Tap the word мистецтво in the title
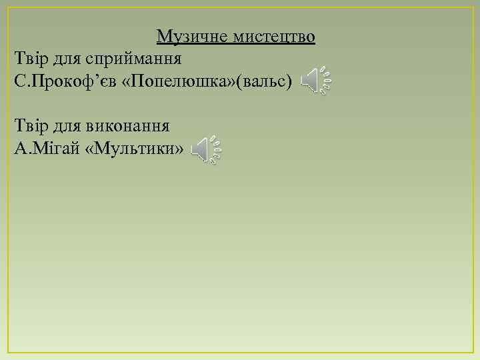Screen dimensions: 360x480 coord(275,36)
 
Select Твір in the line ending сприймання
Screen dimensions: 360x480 coord(29,59)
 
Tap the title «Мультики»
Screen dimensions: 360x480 coord(132,148)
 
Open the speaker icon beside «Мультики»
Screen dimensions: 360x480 coord(205,150)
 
